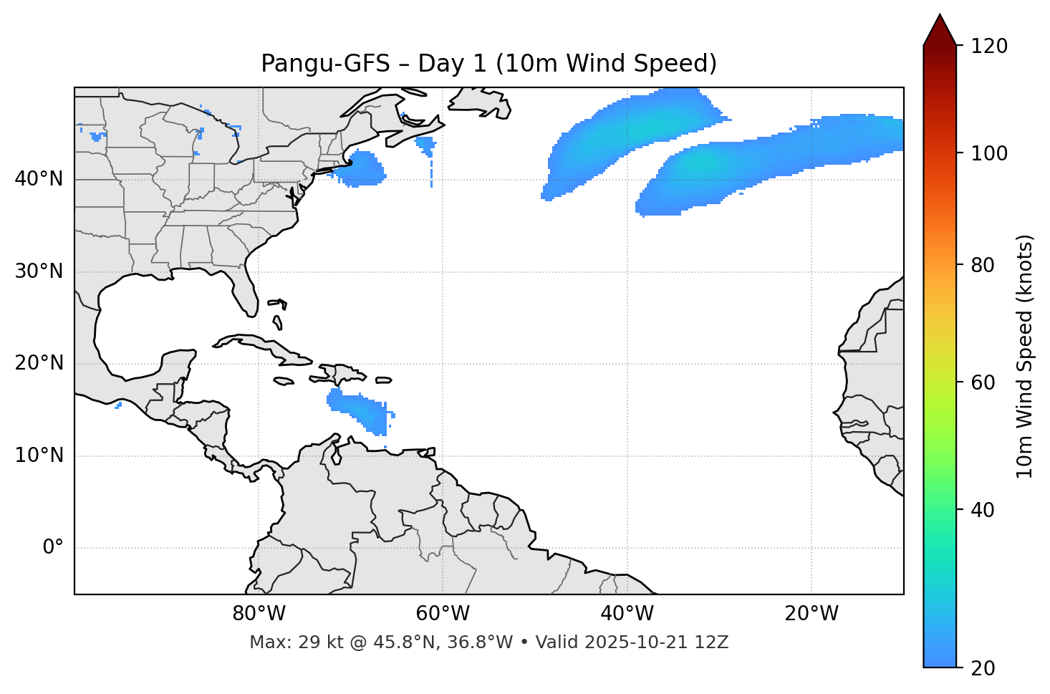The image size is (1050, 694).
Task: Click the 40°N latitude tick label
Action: point(39,179)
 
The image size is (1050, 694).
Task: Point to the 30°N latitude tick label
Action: point(39,271)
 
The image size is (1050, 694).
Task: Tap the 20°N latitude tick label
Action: point(39,363)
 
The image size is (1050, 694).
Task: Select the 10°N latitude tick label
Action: point(39,456)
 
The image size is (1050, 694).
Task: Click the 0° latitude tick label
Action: point(53,548)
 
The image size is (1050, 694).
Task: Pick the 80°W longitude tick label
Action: point(259,614)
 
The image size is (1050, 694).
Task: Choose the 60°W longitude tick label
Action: point(443,614)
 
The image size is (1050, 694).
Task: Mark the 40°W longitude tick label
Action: point(627,614)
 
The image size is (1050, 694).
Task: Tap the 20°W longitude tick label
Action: point(811,614)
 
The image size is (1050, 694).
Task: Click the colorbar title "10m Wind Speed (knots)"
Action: point(1025,357)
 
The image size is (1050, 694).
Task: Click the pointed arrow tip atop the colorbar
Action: point(940,16)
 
